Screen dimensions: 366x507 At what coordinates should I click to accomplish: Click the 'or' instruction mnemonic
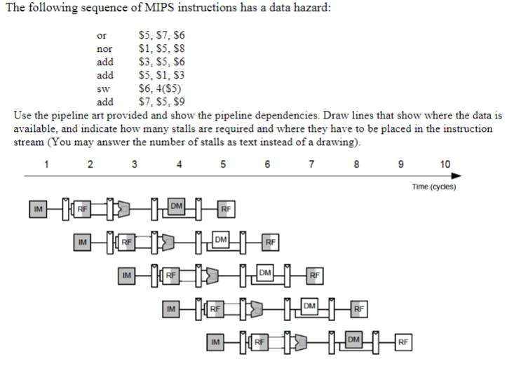(101, 35)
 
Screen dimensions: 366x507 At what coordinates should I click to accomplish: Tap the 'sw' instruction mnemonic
(102, 89)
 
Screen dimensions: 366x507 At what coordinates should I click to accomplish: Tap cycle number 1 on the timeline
(46, 165)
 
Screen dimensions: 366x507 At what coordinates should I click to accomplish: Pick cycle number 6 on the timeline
(267, 165)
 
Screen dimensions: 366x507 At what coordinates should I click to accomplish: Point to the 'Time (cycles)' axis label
(433, 187)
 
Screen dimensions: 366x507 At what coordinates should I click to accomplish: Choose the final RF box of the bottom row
(403, 342)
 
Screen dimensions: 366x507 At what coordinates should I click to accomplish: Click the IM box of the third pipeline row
(127, 276)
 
